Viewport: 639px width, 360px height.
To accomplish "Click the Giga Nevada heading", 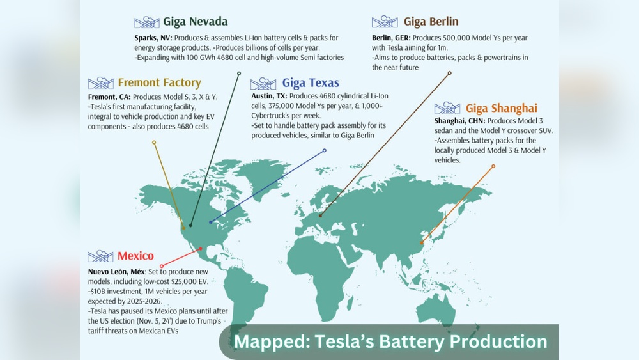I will coord(195,22).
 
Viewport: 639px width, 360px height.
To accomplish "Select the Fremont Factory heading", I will coord(159,82).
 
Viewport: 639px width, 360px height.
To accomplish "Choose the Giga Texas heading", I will coord(311,83).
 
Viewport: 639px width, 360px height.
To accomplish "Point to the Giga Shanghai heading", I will coord(501,108).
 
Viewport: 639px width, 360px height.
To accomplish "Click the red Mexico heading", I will coord(135,256).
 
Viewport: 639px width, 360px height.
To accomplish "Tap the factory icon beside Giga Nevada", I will coord(147,22).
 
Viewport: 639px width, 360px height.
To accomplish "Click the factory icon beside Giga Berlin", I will coord(384,22).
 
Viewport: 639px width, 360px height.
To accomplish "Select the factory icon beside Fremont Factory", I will coord(100,83).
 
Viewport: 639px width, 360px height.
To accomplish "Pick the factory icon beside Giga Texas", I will coord(263,84).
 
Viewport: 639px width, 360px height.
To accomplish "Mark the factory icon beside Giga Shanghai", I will coord(447,108).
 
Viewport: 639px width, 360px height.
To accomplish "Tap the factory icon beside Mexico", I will coord(100,256).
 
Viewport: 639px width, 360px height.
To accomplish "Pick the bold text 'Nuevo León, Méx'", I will coord(116,272).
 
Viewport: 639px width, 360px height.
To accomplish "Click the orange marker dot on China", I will coord(421,242).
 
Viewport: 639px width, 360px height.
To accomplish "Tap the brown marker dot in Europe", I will coord(320,215).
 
